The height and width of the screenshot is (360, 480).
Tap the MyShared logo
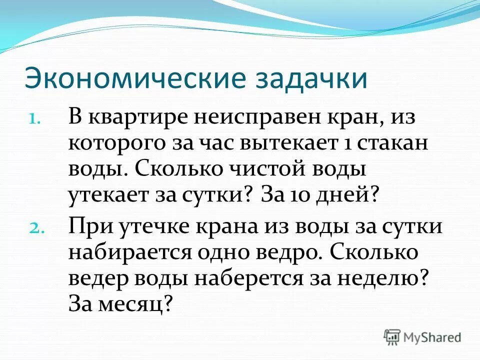tap(422, 336)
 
